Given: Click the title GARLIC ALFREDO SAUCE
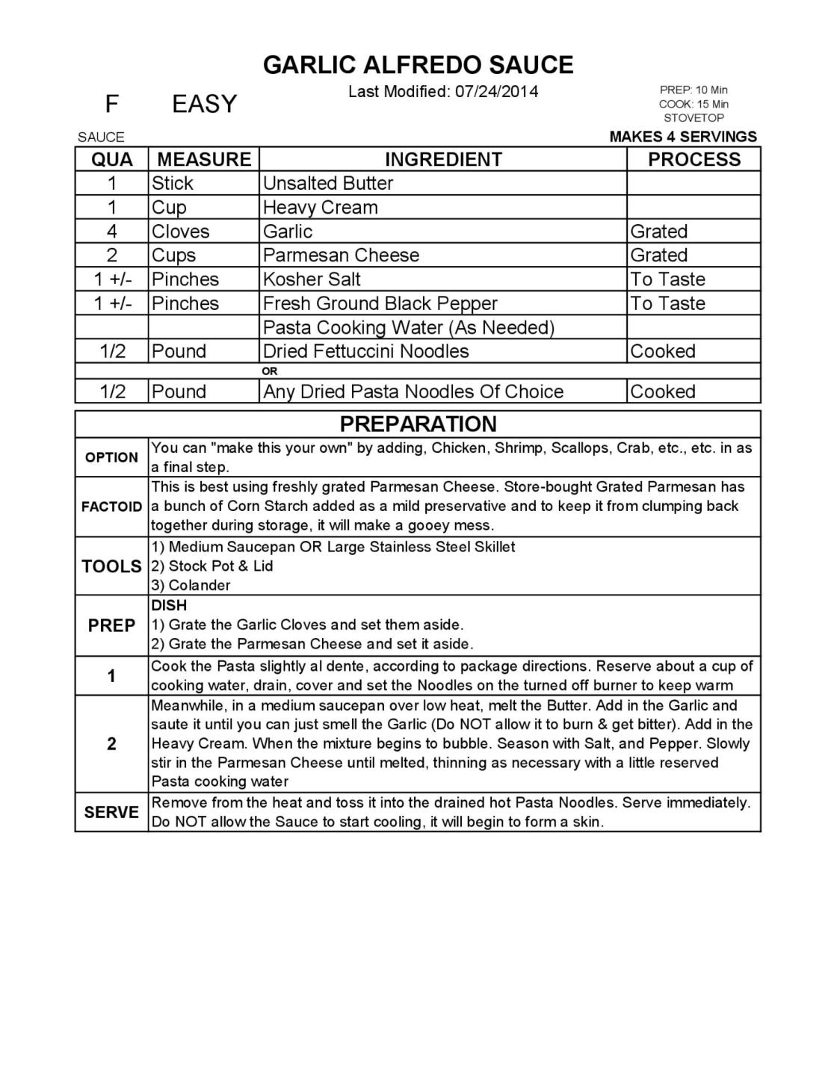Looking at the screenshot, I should pyautogui.click(x=418, y=65).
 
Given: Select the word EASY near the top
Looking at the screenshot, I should pyautogui.click(x=204, y=104).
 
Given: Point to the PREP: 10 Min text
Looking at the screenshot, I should pyautogui.click(x=693, y=90).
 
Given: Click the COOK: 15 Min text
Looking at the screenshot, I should pyautogui.click(x=693, y=104).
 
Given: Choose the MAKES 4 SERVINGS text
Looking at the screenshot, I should pyautogui.click(x=682, y=137).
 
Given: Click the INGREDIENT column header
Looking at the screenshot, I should pyautogui.click(x=443, y=160).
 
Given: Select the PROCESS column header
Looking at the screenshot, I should pyautogui.click(x=694, y=160).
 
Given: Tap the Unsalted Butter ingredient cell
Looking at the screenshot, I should pyautogui.click(x=328, y=184).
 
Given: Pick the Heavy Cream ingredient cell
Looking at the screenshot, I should pyautogui.click(x=321, y=208).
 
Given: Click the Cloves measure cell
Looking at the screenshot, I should pyautogui.click(x=181, y=232).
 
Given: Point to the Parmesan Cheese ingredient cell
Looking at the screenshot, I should pyautogui.click(x=341, y=255).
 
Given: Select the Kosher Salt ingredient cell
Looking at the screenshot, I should pyautogui.click(x=312, y=279).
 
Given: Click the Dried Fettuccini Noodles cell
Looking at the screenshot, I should pyautogui.click(x=366, y=352).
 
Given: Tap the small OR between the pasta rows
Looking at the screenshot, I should pyautogui.click(x=270, y=371).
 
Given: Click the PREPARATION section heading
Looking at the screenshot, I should pyautogui.click(x=418, y=424).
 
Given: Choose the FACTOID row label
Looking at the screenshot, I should pyautogui.click(x=111, y=507).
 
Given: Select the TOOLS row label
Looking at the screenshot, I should pyautogui.click(x=111, y=566).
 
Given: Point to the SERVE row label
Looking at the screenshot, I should pyautogui.click(x=111, y=812).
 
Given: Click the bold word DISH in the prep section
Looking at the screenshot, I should pyautogui.click(x=169, y=605).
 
